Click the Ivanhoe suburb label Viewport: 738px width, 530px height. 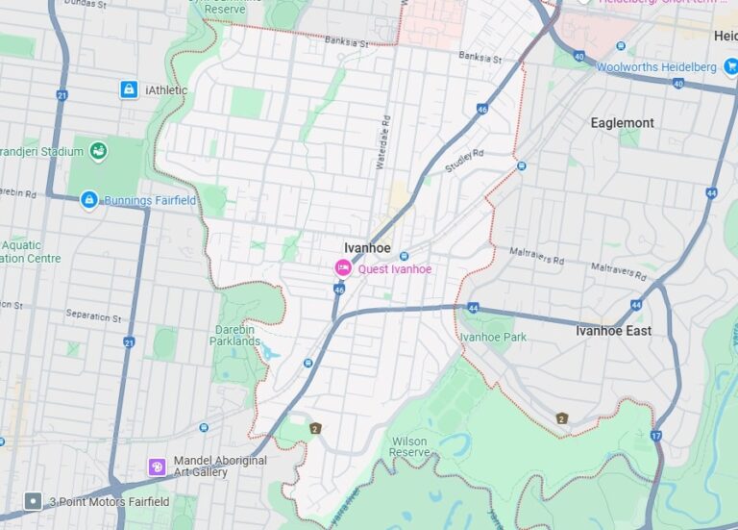(367, 247)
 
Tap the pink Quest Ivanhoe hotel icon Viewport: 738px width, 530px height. (342, 268)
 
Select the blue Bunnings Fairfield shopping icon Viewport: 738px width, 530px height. (89, 200)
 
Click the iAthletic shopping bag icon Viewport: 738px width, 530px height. (128, 89)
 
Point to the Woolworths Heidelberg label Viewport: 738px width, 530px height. (656, 67)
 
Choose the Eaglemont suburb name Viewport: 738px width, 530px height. (622, 123)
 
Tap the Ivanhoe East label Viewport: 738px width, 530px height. (613, 331)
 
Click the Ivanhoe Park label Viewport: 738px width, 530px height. (493, 337)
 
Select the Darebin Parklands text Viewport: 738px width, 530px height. (235, 335)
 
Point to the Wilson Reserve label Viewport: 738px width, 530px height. (409, 446)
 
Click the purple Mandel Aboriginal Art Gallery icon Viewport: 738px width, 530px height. (158, 467)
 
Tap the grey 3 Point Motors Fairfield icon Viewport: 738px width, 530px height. (33, 501)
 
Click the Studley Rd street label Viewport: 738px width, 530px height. (464, 162)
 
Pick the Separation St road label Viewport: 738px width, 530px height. (94, 315)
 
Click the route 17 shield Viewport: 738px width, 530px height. (655, 436)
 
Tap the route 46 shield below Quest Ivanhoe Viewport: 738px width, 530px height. (339, 289)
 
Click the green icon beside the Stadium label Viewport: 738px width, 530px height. (98, 150)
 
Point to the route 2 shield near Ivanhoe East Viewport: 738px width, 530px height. (561, 418)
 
